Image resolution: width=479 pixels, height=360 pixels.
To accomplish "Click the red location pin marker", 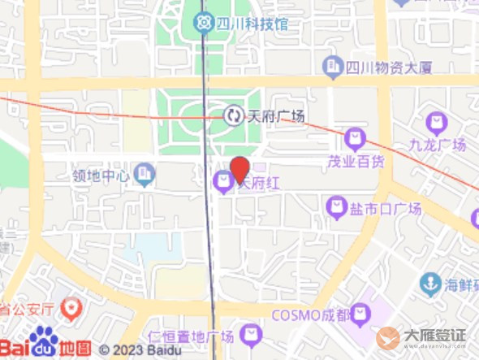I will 239,169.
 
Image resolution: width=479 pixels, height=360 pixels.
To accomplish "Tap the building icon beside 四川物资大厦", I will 332,65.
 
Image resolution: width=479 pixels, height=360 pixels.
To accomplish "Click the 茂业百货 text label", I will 356,160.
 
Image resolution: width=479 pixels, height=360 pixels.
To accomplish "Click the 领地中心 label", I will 101,175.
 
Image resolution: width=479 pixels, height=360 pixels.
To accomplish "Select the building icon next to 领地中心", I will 145,173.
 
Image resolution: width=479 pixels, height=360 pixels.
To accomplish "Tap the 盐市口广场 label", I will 386,209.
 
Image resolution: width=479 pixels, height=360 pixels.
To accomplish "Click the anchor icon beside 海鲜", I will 430,284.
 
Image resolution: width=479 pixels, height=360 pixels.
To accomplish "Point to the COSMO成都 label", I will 311,314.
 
